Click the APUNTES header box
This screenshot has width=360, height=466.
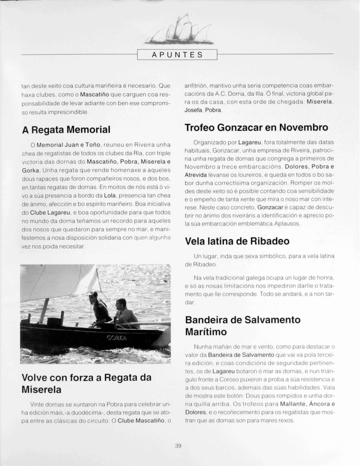pos(177,55)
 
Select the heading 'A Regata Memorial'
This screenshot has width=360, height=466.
pos(66,130)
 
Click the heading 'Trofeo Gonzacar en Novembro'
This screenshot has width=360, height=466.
pos(257,127)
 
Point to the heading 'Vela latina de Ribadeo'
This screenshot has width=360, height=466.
pos(237,241)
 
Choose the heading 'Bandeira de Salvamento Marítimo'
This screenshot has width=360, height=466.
pos(243,326)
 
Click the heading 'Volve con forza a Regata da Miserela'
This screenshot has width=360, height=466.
pos(86,383)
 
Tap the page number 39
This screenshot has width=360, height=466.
pos(178,446)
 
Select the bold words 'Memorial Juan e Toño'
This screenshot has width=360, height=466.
pos(69,145)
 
